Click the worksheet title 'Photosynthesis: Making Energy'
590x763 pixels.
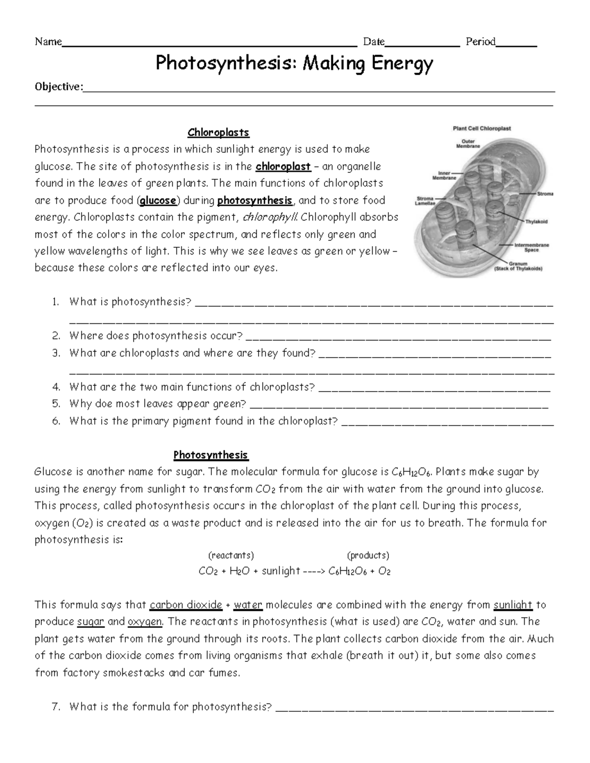(x=295, y=63)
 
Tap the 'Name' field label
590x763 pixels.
(x=48, y=42)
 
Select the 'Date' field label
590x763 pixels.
(x=373, y=42)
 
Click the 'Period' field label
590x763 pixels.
(x=480, y=42)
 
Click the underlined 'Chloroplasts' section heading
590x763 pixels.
(x=218, y=133)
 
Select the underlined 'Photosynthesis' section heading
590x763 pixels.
(x=210, y=455)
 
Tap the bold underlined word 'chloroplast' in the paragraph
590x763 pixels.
(x=283, y=167)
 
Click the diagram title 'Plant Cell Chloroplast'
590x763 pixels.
(x=481, y=129)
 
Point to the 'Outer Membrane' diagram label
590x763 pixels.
(x=465, y=144)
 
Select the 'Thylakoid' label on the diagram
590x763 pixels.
(x=536, y=222)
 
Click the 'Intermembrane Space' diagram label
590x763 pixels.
(x=531, y=247)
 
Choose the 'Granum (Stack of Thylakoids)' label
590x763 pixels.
(x=518, y=266)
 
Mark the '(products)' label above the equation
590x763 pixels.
(x=368, y=555)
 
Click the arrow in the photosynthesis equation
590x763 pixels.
(x=314, y=571)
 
